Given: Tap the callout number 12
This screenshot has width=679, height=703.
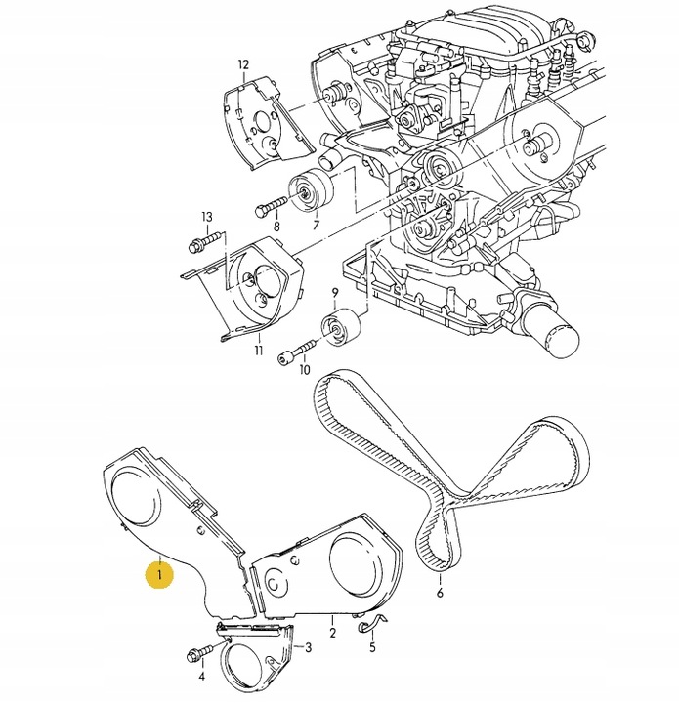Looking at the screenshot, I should [x=243, y=65].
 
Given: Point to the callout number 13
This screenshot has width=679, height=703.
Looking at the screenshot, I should [x=206, y=216].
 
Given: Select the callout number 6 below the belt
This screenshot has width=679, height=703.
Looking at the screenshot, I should [x=440, y=592].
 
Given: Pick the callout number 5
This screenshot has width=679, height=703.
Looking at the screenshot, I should [x=371, y=646].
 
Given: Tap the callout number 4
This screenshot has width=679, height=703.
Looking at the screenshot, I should [x=202, y=675].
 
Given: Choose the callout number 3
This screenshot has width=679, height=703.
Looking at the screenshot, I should [x=309, y=646].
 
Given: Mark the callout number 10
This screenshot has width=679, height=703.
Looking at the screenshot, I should [x=303, y=371].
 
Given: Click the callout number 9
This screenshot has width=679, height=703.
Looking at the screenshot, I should [x=334, y=293].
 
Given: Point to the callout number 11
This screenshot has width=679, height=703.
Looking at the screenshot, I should [x=259, y=349].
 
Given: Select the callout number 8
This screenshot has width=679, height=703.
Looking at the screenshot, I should [x=276, y=227].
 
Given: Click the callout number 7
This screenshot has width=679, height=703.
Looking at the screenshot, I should [x=316, y=226].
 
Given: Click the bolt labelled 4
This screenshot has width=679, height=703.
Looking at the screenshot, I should [x=198, y=655].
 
